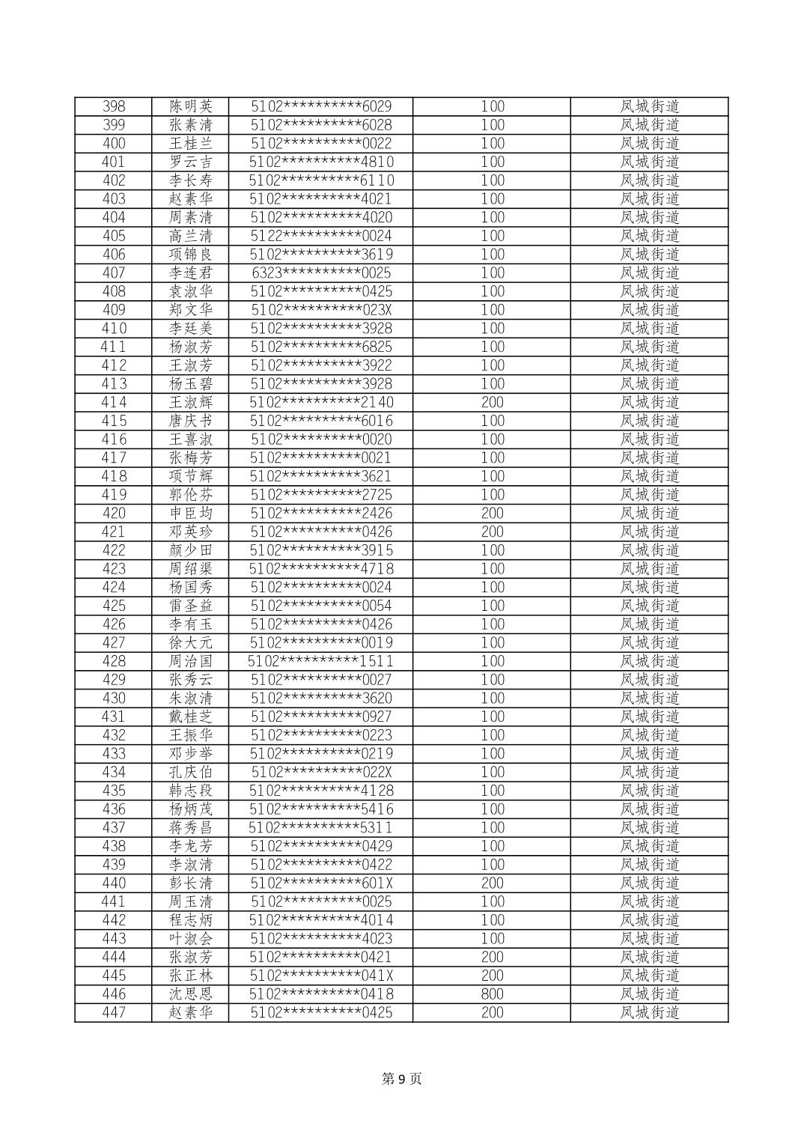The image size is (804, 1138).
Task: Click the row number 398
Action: [114, 106]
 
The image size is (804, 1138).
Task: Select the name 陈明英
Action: [191, 106]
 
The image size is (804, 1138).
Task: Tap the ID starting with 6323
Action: [321, 273]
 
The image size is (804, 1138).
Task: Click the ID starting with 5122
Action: [321, 236]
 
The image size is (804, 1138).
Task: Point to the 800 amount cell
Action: [492, 994]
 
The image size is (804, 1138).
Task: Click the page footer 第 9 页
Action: [402, 1079]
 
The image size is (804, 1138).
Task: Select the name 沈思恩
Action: [191, 994]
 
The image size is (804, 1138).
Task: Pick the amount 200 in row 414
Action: [492, 402]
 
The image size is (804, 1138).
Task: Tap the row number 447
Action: [114, 1012]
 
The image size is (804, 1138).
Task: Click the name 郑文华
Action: [191, 310]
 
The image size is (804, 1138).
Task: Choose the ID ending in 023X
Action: [321, 310]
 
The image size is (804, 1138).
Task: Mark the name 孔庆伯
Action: [191, 772]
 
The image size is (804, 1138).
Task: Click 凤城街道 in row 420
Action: [649, 513]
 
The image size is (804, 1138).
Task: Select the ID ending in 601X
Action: [321, 883]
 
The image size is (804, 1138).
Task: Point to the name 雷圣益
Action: [191, 606]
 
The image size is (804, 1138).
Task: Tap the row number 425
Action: [114, 606]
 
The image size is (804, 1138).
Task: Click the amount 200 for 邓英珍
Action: [492, 532]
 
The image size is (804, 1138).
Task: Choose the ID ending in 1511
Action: [321, 661]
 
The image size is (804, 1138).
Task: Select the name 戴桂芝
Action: [191, 716]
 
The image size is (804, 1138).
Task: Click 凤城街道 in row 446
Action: [649, 994]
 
